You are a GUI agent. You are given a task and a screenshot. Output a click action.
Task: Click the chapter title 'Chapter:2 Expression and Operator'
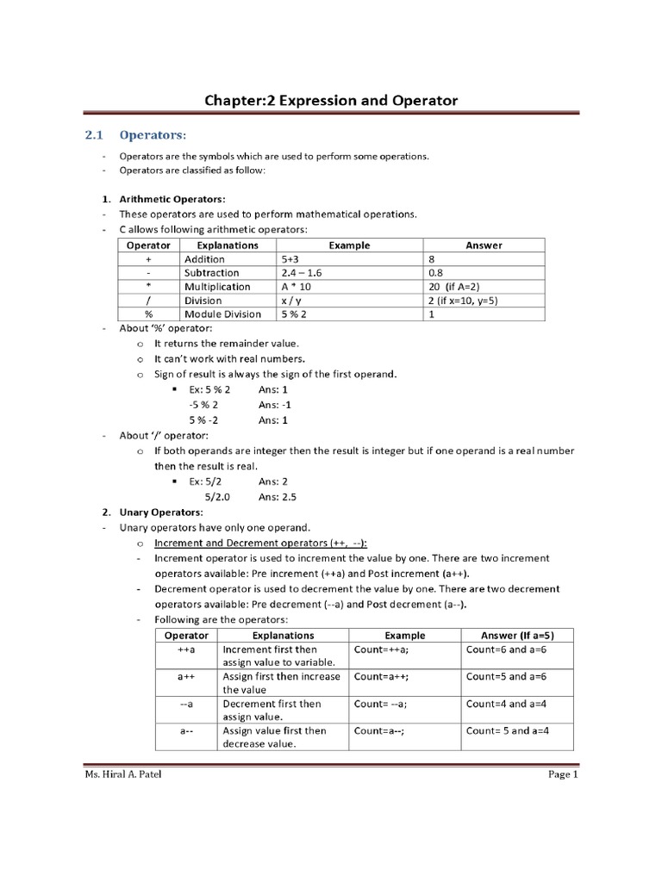click(x=331, y=101)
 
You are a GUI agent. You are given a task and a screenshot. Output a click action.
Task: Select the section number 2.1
click(x=93, y=135)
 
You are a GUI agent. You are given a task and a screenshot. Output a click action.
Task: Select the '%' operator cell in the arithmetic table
click(x=148, y=314)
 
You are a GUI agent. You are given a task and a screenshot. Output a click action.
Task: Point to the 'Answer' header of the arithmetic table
click(x=484, y=245)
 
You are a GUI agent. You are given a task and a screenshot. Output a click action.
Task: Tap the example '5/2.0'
click(x=221, y=497)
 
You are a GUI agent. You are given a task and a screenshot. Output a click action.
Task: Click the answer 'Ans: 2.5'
click(x=279, y=497)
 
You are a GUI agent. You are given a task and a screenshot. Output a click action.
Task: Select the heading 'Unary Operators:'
click(x=161, y=512)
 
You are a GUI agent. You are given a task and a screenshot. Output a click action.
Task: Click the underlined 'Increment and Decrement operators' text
click(x=260, y=543)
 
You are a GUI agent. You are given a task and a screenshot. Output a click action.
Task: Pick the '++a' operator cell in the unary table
click(x=186, y=649)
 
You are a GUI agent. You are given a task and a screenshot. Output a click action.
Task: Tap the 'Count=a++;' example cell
click(x=383, y=677)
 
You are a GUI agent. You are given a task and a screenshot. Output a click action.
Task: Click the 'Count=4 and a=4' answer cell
click(x=508, y=704)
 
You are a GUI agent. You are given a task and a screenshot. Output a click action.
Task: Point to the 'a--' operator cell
click(x=186, y=731)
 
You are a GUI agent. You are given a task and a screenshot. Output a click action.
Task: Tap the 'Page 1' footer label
click(x=562, y=775)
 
